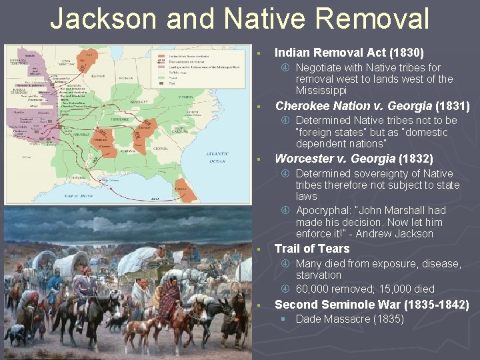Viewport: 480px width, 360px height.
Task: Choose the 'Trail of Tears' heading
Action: point(312,249)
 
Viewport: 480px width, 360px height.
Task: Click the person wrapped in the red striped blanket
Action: point(167,303)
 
